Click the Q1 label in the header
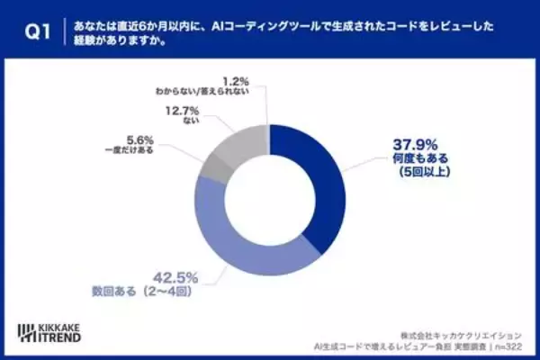(32, 34)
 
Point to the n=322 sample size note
(514, 346)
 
